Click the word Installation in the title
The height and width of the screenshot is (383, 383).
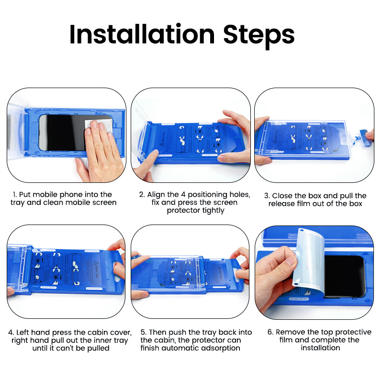tap(142, 34)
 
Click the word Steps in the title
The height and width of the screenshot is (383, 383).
tap(259, 34)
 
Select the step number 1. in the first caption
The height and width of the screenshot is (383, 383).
tap(15, 194)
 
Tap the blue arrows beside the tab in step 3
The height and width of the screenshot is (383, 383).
tap(359, 138)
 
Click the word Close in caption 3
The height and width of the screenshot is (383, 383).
tap(283, 195)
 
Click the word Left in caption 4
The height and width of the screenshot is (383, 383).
tap(24, 332)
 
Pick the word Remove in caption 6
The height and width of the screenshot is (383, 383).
tap(290, 332)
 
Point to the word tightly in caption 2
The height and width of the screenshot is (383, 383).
tap(213, 211)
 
